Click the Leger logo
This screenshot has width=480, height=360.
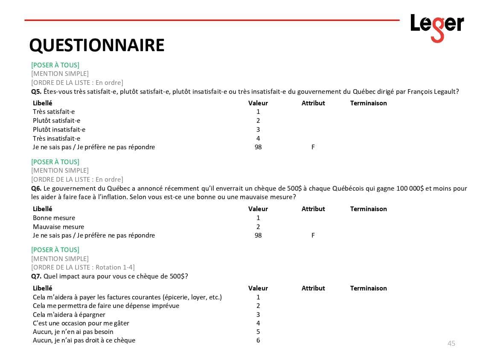tap(437, 27)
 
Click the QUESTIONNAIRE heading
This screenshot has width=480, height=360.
tap(97, 45)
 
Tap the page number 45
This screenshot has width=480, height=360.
tap(451, 343)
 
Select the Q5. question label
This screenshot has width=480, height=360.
tap(36, 92)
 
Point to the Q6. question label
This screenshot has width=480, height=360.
tap(36, 189)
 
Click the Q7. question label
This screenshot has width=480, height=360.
tap(36, 276)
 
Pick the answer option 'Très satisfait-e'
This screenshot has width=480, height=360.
tap(54, 112)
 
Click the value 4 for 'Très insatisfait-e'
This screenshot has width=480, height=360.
tap(258, 139)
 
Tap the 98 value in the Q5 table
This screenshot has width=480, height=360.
tap(258, 147)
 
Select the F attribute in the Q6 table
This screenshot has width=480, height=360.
tap(313, 235)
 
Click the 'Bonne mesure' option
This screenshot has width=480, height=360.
tap(54, 218)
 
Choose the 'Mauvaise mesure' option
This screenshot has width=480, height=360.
tap(58, 227)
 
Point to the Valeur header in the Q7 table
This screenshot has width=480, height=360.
tap(258, 288)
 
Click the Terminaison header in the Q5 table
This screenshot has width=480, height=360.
tap(368, 103)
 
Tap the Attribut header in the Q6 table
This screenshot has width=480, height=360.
tap(313, 209)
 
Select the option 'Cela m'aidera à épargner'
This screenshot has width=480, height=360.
tap(69, 315)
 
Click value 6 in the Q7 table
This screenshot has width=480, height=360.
tap(258, 340)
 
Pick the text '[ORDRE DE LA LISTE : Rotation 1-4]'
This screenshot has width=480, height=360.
tap(83, 267)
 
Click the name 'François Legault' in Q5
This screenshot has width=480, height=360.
tap(433, 92)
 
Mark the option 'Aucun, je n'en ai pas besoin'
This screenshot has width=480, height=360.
tap(73, 332)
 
